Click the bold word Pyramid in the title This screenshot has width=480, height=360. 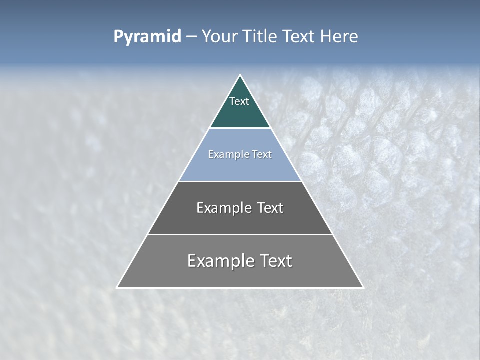[147, 37]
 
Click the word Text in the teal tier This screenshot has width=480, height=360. [239, 101]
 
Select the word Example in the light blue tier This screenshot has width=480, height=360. [228, 155]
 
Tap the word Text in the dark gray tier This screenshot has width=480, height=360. [270, 208]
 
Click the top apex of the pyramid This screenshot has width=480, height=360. [240, 75]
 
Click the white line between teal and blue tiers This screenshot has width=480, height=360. [240, 128]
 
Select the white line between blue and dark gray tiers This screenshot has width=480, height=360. [240, 181]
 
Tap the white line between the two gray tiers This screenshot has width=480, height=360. [240, 234]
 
